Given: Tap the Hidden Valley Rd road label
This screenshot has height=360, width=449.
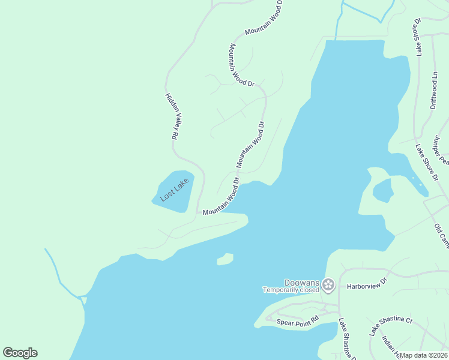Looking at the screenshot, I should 172,116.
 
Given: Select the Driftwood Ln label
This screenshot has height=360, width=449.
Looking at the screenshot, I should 434,90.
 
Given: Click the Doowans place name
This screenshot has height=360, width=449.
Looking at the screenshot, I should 302,283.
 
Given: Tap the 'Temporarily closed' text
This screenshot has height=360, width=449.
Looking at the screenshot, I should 291,290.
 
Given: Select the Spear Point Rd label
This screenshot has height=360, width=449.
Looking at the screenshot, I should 297,322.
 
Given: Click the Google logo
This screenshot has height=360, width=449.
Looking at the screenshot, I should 20,353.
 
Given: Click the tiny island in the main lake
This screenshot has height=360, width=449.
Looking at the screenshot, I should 224,259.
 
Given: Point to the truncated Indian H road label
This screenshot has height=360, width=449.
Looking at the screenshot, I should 390,347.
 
